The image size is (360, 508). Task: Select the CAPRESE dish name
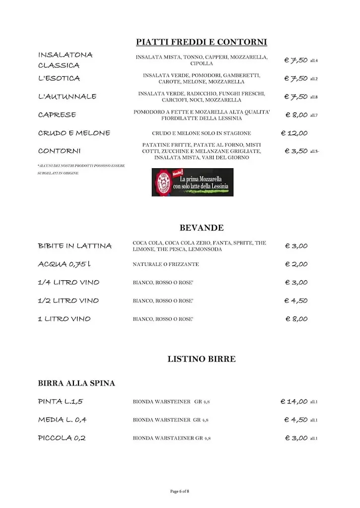click(x=57, y=115)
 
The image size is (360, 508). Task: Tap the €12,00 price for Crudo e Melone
click(x=294, y=133)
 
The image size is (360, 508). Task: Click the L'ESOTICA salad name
click(x=59, y=78)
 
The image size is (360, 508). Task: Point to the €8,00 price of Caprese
click(x=296, y=115)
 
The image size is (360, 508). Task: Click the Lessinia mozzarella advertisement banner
click(x=192, y=182)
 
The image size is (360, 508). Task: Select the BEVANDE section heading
click(x=201, y=228)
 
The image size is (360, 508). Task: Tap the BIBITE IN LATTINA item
click(x=75, y=246)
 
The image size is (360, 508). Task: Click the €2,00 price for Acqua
click(x=296, y=264)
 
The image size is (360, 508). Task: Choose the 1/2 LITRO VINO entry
click(x=69, y=301)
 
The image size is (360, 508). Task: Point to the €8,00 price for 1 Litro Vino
click(x=296, y=319)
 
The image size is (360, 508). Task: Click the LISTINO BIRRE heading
click(x=201, y=359)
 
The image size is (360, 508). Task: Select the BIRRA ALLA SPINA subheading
click(x=76, y=383)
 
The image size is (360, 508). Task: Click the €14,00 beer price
click(x=294, y=401)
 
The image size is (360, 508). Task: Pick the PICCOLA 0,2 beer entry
click(x=62, y=438)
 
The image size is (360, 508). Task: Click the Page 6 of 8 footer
click(x=180, y=491)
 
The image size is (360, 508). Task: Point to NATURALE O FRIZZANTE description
click(x=165, y=264)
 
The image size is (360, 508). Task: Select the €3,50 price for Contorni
click(x=296, y=151)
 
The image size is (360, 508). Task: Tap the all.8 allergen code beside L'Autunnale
click(x=314, y=97)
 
